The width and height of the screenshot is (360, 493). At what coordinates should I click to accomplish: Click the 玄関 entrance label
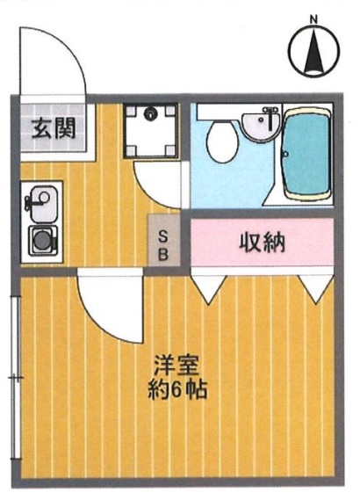click(x=52, y=129)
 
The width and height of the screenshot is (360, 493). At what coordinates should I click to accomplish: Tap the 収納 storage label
click(x=263, y=241)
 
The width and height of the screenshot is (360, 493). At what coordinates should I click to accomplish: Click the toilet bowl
click(x=220, y=140)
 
